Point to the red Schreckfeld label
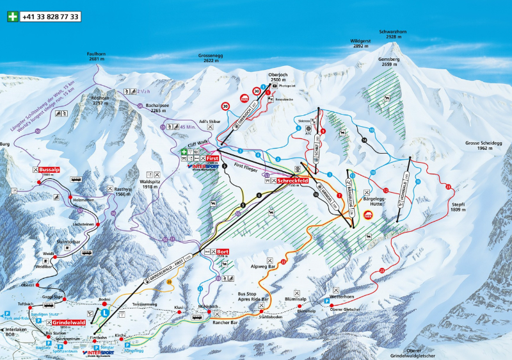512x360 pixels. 293,181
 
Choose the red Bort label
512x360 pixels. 222,252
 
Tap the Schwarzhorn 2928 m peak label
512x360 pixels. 393,33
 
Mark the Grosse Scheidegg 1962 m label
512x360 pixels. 484,145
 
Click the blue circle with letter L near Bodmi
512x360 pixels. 104,313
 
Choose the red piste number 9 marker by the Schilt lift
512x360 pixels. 323,131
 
